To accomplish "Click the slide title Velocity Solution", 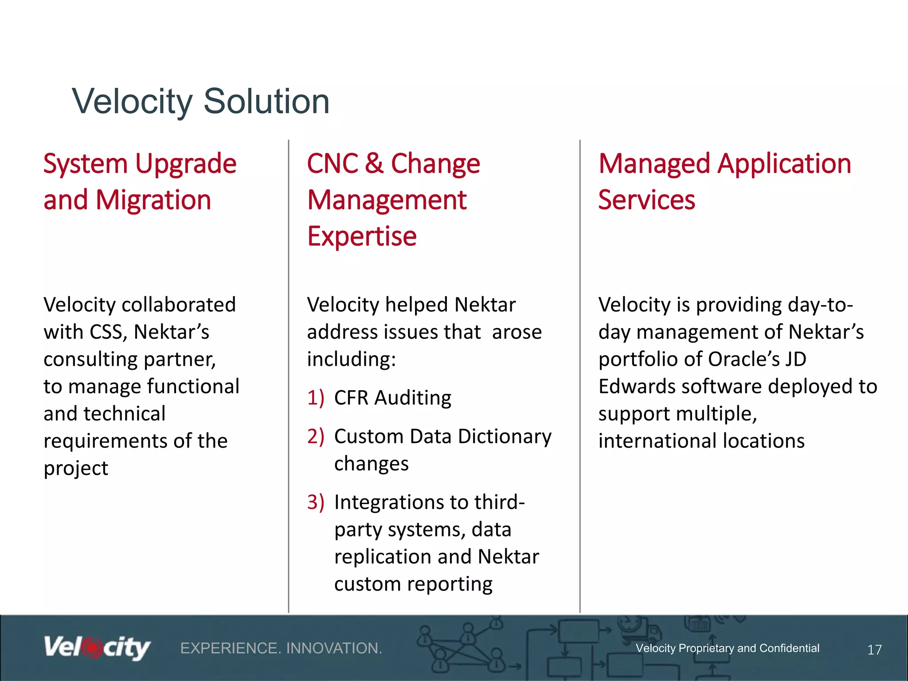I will [x=200, y=102].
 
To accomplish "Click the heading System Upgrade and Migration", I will [x=140, y=182].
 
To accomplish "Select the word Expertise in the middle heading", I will [x=362, y=236].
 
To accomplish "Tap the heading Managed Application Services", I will [x=724, y=182].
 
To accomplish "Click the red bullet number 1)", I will [x=316, y=398].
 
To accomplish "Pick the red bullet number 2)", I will [x=316, y=437].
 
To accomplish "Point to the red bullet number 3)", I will [x=316, y=502].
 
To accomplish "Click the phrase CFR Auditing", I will [x=392, y=398].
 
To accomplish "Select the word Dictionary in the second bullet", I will [x=504, y=437].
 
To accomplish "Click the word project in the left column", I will [x=76, y=469].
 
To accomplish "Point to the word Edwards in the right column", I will [x=636, y=387].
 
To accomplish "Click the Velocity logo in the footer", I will [x=97, y=648].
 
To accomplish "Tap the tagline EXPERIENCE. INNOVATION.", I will [x=281, y=649].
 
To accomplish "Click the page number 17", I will [x=874, y=650].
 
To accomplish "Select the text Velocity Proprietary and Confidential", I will [x=727, y=648].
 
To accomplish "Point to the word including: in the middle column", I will [x=351, y=359].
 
